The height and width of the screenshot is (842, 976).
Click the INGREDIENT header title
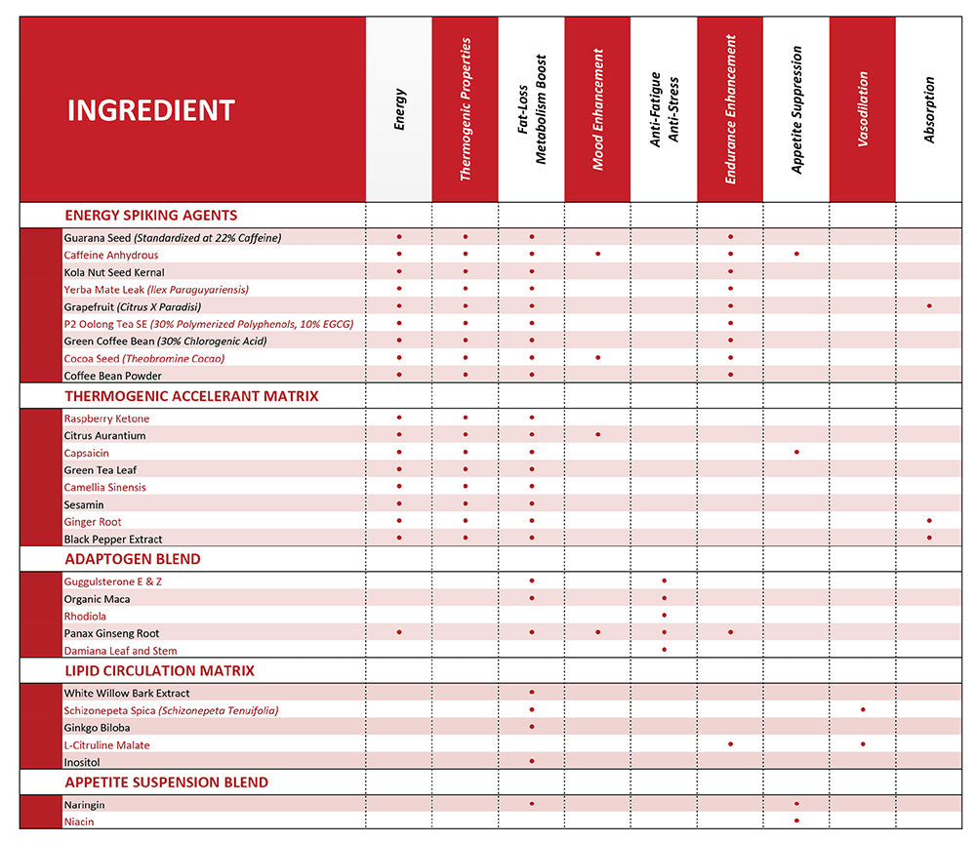(150, 110)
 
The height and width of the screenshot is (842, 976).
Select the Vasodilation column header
(863, 109)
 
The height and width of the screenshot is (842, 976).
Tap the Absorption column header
(929, 109)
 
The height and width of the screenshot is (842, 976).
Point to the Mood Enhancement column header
(597, 109)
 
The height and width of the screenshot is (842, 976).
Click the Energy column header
(399, 109)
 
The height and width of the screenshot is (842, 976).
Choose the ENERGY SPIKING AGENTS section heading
(150, 215)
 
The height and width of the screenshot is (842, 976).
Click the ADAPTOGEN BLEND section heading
(132, 559)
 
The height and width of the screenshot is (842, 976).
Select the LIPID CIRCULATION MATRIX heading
(159, 670)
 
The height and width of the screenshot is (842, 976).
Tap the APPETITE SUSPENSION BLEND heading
(166, 782)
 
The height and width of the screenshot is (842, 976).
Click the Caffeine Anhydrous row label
(110, 255)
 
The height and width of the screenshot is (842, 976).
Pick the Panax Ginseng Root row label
(111, 633)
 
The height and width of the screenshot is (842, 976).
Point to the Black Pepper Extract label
(113, 539)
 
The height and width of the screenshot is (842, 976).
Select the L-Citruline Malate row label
(106, 745)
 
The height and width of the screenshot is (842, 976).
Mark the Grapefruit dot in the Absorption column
(929, 306)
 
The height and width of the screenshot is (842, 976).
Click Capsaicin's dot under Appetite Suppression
(796, 453)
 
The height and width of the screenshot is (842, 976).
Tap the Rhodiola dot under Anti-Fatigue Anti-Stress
(664, 616)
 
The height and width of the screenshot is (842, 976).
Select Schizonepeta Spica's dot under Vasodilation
(863, 709)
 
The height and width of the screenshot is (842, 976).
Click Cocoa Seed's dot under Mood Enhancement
(597, 358)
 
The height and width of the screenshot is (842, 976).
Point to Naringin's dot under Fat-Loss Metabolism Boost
(532, 804)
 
